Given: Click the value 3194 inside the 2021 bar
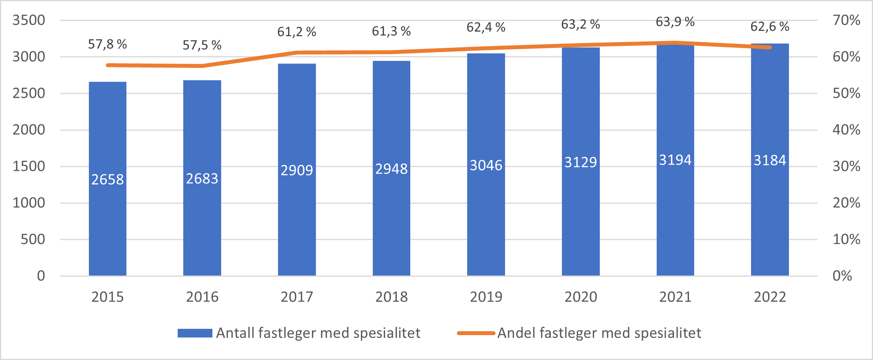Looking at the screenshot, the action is tap(675, 160).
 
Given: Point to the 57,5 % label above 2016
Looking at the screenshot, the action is tap(202, 45).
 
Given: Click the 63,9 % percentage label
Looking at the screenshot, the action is tap(675, 22).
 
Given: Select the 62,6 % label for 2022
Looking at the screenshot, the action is tap(770, 27).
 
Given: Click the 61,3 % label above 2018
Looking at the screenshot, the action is tap(391, 31).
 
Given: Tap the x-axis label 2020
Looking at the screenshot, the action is tap(580, 297).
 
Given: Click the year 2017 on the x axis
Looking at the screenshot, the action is tap(297, 297).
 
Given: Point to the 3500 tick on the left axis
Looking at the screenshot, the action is tap(29, 20).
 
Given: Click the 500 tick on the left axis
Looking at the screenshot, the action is tap(33, 239).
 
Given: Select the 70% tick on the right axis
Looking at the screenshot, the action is tap(846, 20).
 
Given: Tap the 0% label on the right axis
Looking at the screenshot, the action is tap(842, 276).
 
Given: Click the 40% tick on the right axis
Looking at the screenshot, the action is tap(846, 129).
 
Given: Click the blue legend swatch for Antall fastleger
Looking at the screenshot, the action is tap(195, 333).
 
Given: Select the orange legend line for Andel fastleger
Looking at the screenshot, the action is tap(476, 333).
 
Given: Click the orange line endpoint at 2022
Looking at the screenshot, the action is tap(770, 47).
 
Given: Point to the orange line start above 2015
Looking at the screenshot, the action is tap(108, 65).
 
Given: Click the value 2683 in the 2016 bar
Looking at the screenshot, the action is tap(202, 179).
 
